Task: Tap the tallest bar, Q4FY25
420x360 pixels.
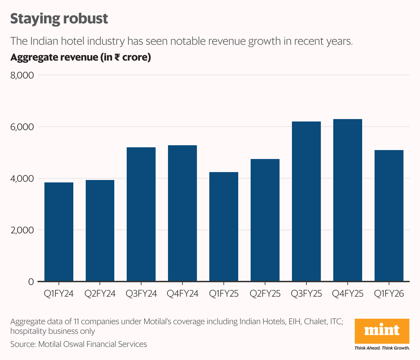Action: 348,200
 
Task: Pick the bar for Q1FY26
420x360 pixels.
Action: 389,215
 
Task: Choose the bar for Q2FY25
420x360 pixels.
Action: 265,220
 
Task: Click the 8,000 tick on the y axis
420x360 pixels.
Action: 22,75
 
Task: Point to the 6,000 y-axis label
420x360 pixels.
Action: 22,127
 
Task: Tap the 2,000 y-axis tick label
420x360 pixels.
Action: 22,230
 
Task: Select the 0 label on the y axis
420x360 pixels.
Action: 31,282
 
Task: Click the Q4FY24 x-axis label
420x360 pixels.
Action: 182,294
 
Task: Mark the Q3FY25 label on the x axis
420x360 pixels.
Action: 306,294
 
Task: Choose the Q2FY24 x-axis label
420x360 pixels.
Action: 100,294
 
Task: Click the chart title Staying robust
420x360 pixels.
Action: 59,19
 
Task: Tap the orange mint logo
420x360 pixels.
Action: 382,331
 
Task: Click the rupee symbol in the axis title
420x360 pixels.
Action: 117,57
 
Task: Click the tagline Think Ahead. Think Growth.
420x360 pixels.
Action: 382,348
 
